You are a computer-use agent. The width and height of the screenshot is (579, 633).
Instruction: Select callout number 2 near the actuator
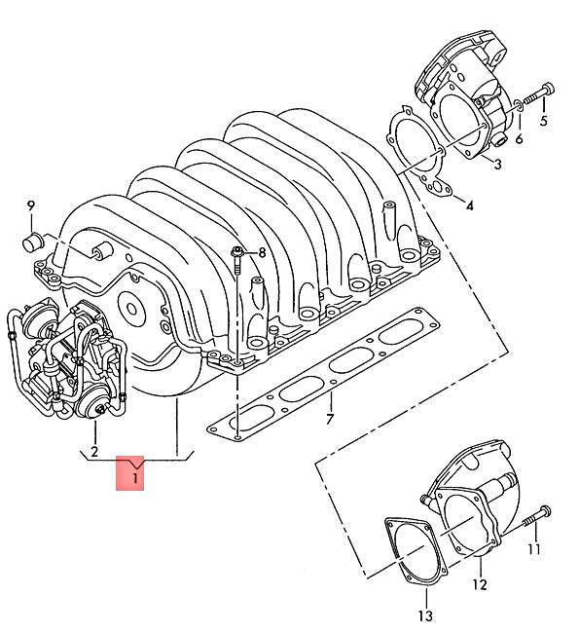pos(94,451)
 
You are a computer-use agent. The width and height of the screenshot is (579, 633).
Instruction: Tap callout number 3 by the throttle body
pos(496,165)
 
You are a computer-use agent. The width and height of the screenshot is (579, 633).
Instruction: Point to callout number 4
pos(469,206)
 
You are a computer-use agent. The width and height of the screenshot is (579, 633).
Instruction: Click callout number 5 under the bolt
pos(543,122)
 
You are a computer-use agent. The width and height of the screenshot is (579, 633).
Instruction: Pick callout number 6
pos(519,139)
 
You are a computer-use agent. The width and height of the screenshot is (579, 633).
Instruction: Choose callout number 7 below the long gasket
pos(330,420)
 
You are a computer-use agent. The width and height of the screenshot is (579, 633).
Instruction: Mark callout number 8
pos(261,253)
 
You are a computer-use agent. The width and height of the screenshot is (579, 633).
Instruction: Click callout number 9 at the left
pos(30,205)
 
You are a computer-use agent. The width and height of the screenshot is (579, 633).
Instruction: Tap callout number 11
pos(533,550)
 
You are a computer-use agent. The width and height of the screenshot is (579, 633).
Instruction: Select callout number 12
pos(479,584)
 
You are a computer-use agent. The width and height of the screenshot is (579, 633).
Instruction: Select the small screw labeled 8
pos(237,258)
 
